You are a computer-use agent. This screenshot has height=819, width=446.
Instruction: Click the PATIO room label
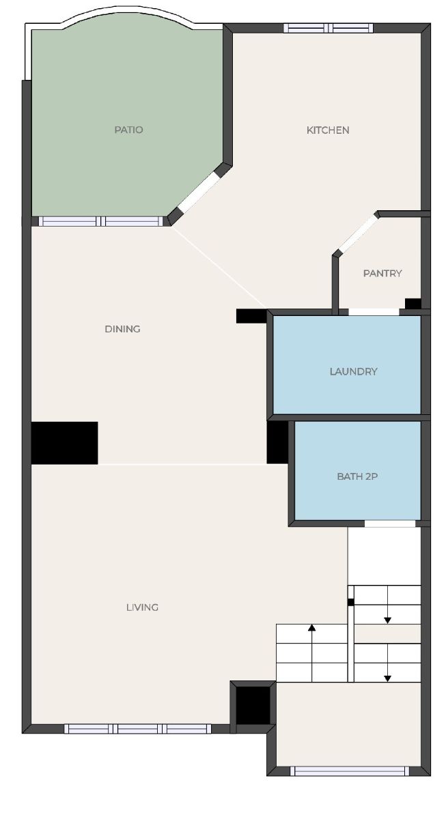tap(128, 130)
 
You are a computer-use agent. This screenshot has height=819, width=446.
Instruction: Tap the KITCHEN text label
tap(328, 130)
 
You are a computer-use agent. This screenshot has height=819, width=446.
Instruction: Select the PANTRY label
tap(382, 273)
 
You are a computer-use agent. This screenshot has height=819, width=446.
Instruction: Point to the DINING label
tap(122, 329)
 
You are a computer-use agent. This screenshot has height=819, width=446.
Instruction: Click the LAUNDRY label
tap(353, 371)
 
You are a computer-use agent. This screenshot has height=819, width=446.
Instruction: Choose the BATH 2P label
tap(357, 476)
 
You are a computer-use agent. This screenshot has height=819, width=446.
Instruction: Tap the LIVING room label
tap(142, 607)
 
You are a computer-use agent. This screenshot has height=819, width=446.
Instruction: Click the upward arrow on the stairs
tap(311, 652)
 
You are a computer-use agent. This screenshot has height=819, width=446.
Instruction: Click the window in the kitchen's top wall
tap(329, 28)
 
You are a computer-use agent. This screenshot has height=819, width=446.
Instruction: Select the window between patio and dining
tap(100, 221)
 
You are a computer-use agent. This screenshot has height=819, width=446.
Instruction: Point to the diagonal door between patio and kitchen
tap(200, 192)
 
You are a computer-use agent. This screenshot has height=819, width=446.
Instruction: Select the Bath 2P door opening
tap(390, 523)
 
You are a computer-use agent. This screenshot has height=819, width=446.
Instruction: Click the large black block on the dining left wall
tap(64, 443)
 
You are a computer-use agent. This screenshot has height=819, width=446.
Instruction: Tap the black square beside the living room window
tap(253, 705)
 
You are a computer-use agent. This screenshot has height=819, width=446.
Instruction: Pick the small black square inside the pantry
tap(413, 304)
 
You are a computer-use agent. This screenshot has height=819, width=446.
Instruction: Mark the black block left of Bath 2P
tap(278, 442)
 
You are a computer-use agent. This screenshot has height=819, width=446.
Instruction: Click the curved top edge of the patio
tap(128, 11)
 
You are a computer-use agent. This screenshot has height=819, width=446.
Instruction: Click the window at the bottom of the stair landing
tap(350, 771)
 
